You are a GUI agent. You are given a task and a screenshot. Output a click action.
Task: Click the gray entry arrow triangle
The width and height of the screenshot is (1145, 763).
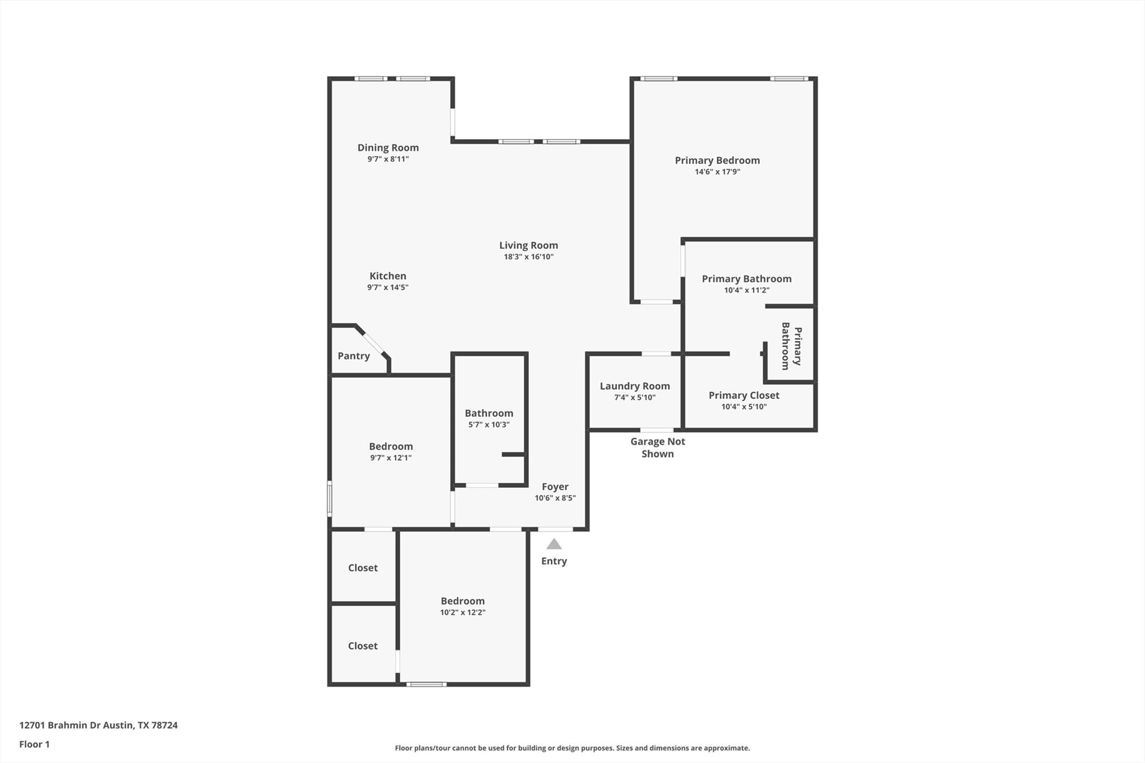553,544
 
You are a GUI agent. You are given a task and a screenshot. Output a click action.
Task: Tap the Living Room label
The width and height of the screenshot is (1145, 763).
528,245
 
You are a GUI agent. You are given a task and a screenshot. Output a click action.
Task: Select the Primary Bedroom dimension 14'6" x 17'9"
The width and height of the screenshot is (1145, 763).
717,172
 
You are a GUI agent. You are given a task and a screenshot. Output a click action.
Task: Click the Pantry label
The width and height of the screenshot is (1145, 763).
353,356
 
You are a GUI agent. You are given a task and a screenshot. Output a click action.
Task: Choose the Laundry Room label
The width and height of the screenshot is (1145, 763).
635,386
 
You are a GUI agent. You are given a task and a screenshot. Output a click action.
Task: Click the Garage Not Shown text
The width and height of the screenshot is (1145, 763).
657,448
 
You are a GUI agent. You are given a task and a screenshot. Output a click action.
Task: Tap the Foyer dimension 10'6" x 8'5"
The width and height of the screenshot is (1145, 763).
555,498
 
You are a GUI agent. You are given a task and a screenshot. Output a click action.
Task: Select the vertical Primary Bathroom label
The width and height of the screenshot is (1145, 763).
791,346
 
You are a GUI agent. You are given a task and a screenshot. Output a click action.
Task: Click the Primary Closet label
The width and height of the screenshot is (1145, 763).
744,395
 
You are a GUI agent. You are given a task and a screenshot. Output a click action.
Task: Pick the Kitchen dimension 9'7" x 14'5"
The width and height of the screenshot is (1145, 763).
387,288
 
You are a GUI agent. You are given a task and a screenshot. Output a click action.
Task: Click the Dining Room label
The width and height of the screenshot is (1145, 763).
388,148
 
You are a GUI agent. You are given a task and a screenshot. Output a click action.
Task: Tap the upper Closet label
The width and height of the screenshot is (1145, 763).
363,568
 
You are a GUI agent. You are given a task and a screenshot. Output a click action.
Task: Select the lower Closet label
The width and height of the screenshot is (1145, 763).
363,646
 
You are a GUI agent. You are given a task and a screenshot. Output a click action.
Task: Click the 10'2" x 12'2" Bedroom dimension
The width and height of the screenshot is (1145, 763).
462,613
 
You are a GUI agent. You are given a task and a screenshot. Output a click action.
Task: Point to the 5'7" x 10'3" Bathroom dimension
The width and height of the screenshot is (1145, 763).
489,425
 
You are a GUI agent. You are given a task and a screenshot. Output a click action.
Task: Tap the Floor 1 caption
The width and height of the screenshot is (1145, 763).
34,744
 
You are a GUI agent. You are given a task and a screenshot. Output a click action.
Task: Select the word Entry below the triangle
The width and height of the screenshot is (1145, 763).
553,561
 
